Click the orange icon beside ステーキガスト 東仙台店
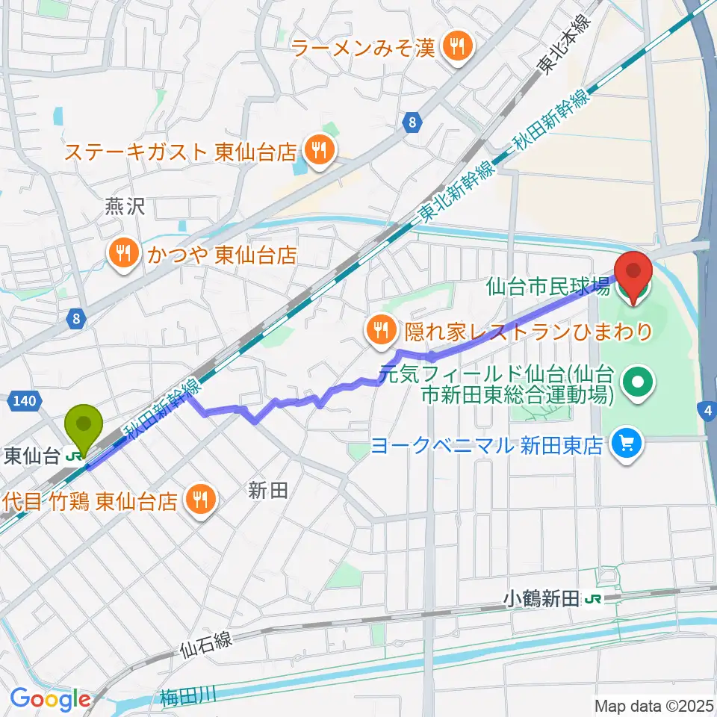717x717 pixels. click(x=318, y=152)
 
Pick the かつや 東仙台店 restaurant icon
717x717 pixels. click(x=122, y=255)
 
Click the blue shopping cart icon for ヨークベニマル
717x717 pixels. click(x=624, y=445)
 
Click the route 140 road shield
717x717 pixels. click(x=25, y=402)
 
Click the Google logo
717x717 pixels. click(x=50, y=699)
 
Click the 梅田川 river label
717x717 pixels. click(x=187, y=696)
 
